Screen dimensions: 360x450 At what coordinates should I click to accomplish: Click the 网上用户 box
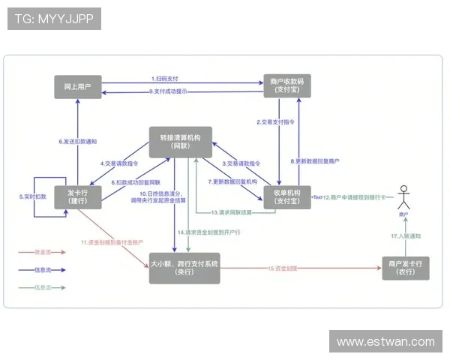(x=78, y=87)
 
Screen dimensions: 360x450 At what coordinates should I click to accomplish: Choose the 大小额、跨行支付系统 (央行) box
(x=184, y=268)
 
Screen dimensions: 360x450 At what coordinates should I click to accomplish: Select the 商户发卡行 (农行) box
(x=406, y=268)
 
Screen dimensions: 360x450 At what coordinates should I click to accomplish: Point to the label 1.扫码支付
(x=165, y=79)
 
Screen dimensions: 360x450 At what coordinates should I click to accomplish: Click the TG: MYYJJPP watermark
(x=54, y=19)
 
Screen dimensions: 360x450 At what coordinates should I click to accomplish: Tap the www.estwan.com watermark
(x=385, y=342)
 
